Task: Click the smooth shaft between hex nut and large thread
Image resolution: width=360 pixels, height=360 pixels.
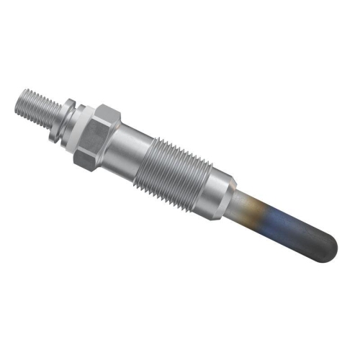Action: click(x=132, y=148)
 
